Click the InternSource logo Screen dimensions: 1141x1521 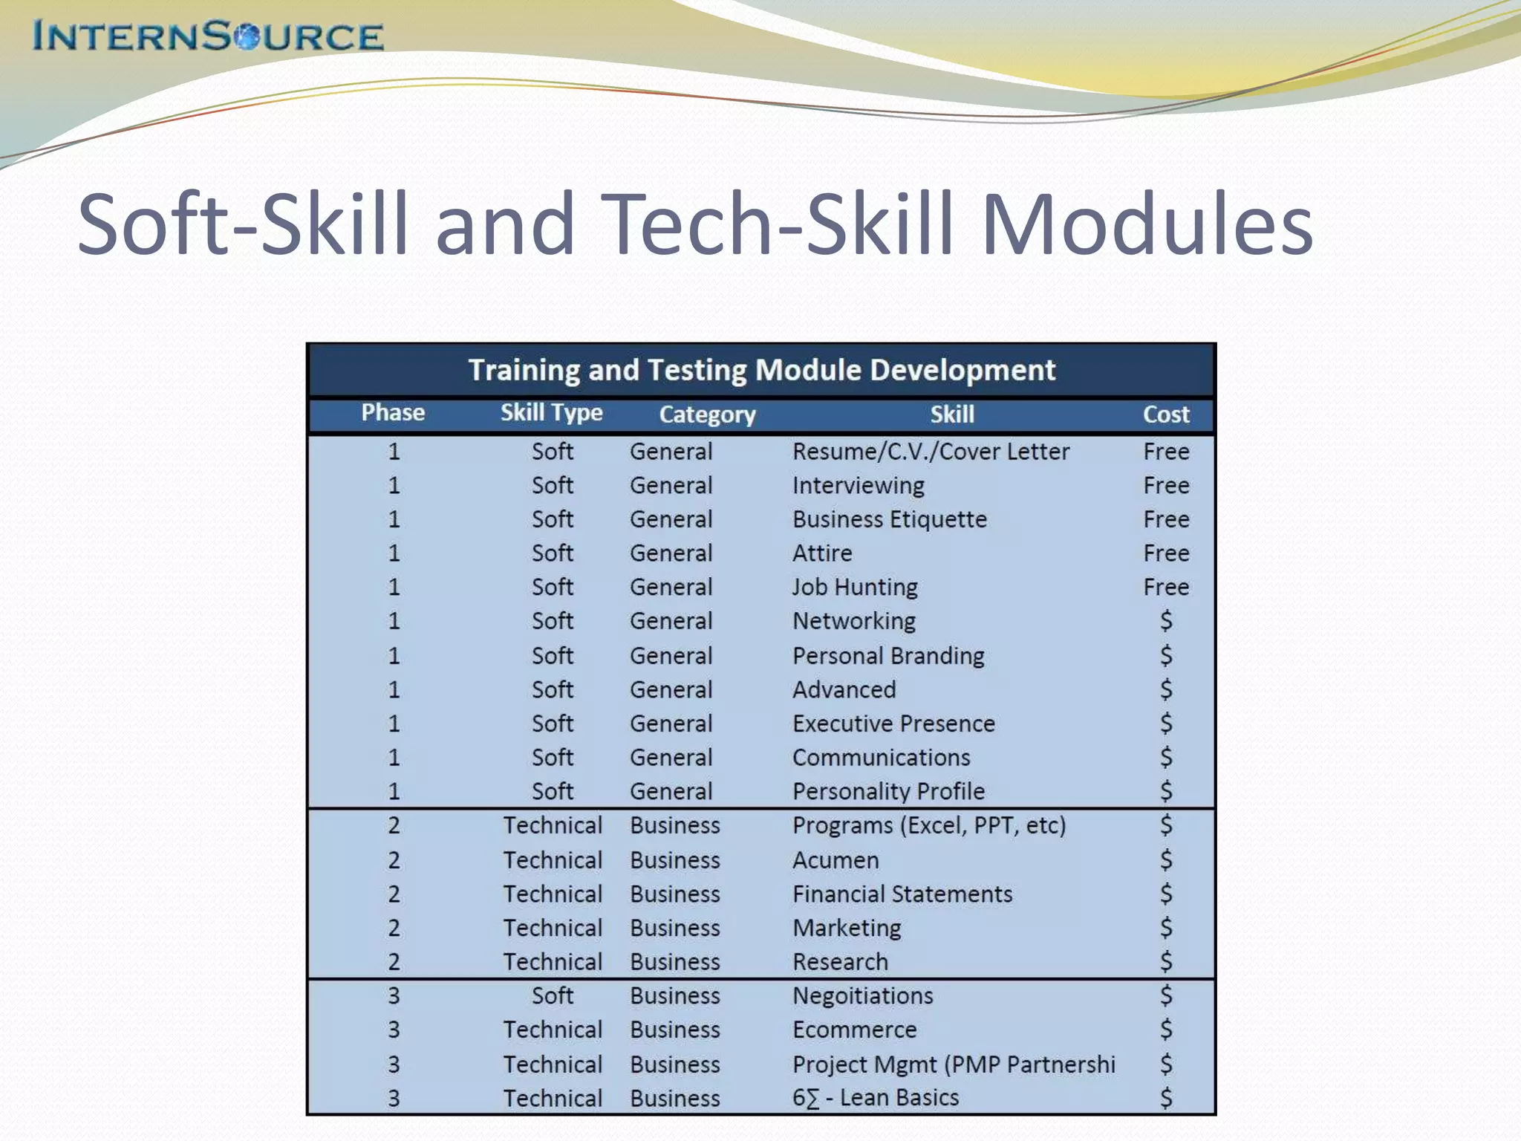[x=208, y=36]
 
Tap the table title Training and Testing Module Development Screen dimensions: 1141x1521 [x=761, y=370]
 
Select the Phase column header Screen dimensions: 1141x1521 [x=393, y=413]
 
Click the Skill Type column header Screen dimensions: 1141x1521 [x=551, y=413]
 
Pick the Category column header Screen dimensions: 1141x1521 [x=707, y=415]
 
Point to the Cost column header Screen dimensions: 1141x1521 [x=1166, y=415]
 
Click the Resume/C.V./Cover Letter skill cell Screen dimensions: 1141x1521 [x=931, y=452]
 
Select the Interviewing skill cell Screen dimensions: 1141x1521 [x=858, y=486]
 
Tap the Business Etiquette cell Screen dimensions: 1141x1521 [x=889, y=519]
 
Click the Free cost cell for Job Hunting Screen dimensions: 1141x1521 [x=1166, y=588]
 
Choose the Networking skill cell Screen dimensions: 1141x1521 [x=853, y=621]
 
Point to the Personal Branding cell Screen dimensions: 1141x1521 [x=888, y=656]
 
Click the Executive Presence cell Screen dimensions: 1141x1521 [x=893, y=724]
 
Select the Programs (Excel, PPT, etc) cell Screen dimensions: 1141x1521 [x=929, y=825]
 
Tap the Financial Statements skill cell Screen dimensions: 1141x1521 [x=902, y=894]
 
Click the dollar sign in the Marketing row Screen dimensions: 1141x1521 [x=1166, y=928]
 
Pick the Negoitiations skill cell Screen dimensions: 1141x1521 [x=862, y=995]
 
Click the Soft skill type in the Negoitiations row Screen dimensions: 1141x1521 [x=552, y=995]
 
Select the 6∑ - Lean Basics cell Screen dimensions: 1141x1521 [x=876, y=1098]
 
